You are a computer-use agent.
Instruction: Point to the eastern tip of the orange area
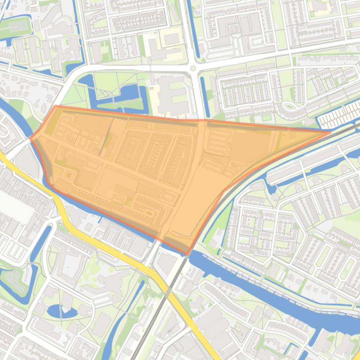click(330, 132)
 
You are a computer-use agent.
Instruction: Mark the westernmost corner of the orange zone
click(31, 138)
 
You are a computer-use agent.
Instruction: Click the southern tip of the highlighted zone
click(187, 255)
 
